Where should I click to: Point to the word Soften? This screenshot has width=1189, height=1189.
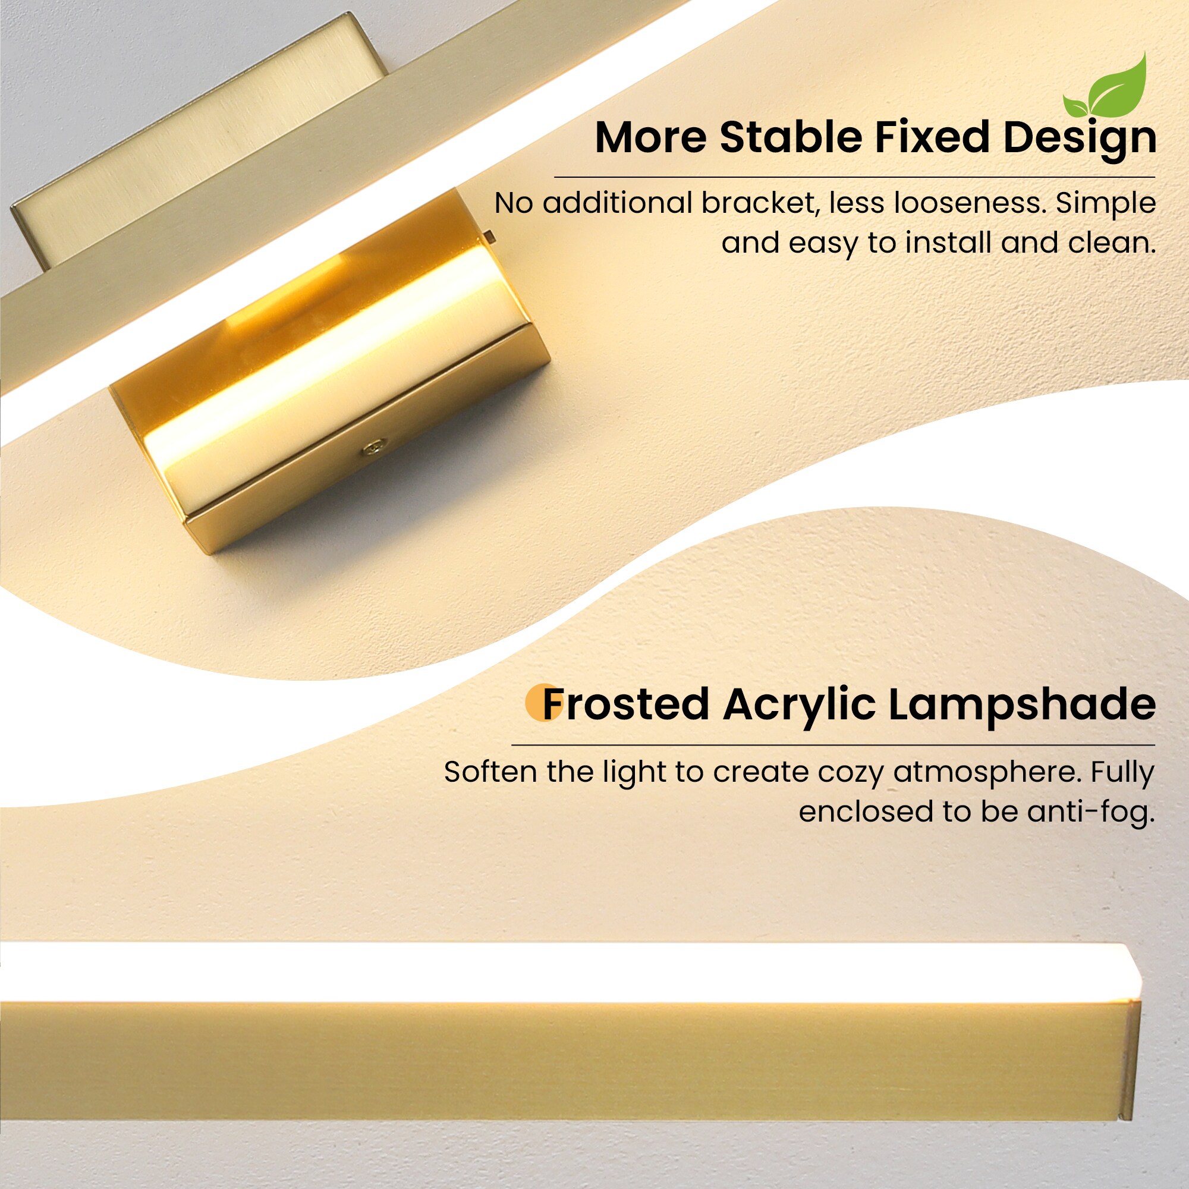tap(489, 772)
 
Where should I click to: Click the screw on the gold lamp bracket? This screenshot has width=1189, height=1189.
tap(373, 448)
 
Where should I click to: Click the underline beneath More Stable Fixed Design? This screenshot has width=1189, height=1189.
tap(854, 177)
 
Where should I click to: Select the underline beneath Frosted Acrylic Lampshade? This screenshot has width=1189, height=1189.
tap(833, 745)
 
